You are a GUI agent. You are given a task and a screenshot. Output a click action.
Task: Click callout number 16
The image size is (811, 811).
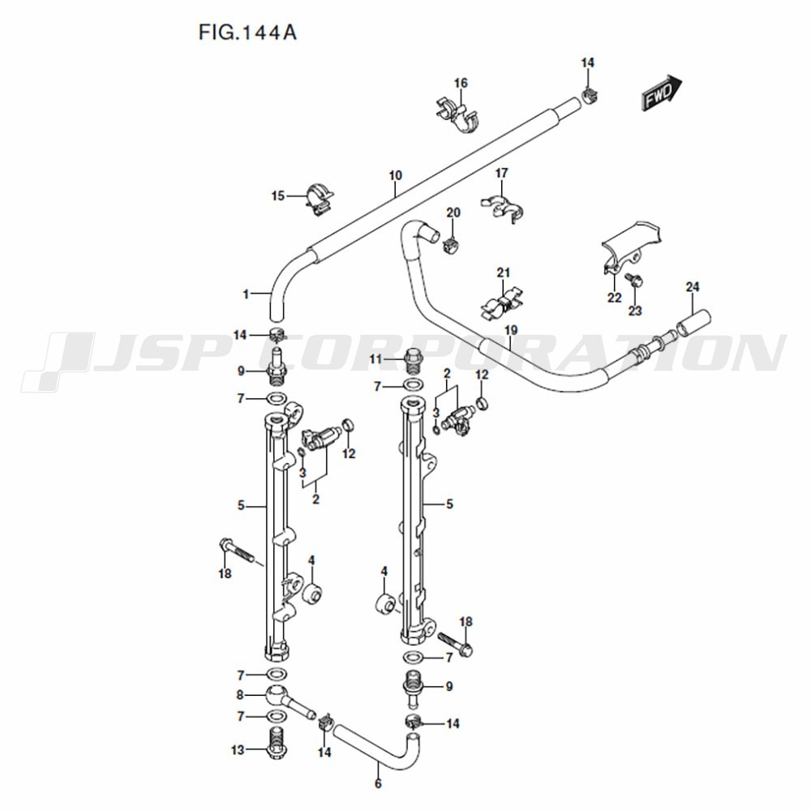tap(461, 83)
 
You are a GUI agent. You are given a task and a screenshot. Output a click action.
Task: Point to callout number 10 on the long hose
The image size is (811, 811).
tap(396, 175)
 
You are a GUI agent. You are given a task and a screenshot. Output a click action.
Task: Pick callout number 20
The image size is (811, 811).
tap(453, 212)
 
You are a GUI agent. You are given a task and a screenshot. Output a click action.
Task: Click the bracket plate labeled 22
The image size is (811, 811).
tap(633, 243)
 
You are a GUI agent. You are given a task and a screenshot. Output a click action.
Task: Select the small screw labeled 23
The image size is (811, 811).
tap(637, 281)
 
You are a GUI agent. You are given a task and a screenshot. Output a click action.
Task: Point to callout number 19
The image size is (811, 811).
tap(510, 330)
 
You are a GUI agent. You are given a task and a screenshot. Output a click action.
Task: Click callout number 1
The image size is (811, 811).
tap(246, 294)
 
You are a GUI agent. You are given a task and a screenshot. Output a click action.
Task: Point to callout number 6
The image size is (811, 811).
tap(378, 783)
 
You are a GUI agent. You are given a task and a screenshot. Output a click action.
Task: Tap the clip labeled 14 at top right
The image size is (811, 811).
tap(590, 95)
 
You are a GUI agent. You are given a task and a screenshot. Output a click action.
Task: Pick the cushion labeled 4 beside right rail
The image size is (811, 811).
tap(385, 604)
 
